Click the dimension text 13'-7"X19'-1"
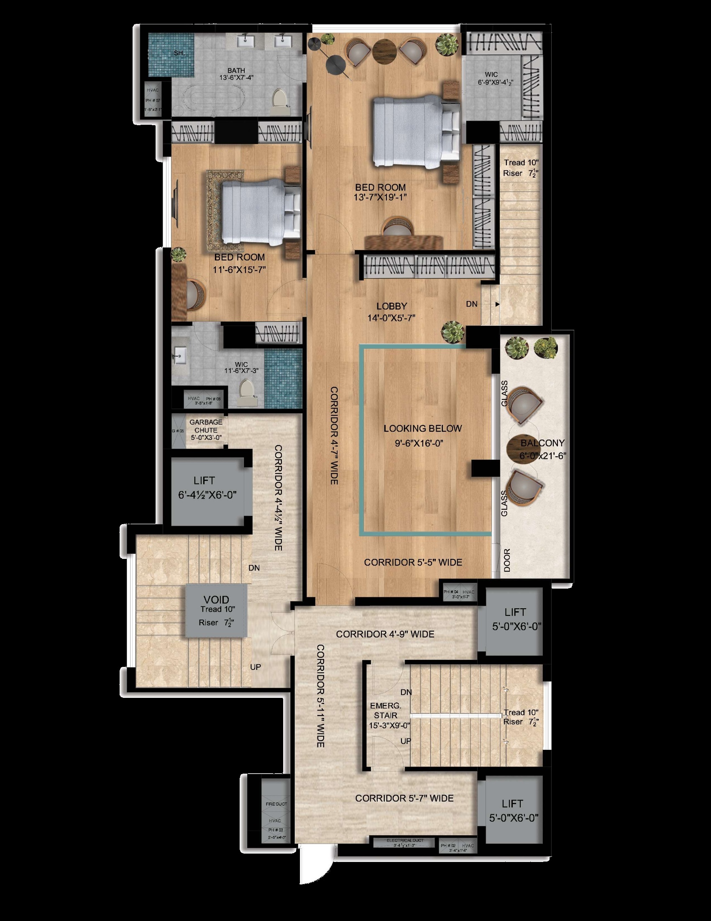tap(380, 197)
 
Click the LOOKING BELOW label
tap(422, 428)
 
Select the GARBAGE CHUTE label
tap(206, 426)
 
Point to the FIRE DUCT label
tap(276, 804)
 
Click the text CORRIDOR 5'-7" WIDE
tap(404, 798)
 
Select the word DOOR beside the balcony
tap(507, 560)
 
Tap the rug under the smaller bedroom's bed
tap(214, 211)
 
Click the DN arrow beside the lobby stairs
tap(497, 304)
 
